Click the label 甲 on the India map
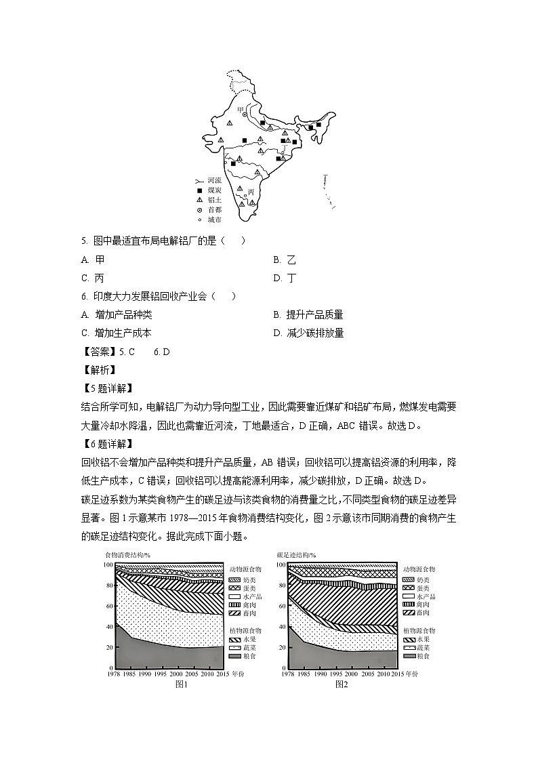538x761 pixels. coord(239,108)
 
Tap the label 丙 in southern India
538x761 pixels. coord(251,192)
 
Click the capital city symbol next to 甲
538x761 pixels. coord(245,115)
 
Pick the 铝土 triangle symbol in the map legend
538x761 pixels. coord(199,201)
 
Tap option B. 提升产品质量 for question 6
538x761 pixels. coord(308,314)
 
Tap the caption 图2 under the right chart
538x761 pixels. coord(342,684)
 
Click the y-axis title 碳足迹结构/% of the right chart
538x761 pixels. coord(296,555)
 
